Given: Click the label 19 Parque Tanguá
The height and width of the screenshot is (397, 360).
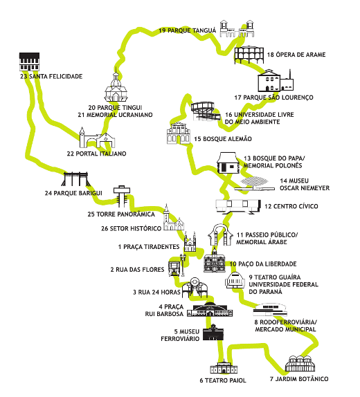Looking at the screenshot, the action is pos(188,30).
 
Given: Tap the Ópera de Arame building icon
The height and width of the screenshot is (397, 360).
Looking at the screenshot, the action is pos(249,55).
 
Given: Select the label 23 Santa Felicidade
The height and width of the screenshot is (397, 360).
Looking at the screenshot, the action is pos(51,76).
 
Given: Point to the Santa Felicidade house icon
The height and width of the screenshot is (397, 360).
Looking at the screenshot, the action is pos(29,62).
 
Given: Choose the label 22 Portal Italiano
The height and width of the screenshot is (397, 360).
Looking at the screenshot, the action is pos(97,154).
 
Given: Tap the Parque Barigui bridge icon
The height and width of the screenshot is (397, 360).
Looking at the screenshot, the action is pos(75,179).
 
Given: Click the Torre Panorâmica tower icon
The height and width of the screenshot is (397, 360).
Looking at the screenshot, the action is pos(122,195).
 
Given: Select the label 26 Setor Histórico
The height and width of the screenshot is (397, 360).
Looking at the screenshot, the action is pos(132,228).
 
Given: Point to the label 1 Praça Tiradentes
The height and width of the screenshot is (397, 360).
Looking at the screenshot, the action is pos(149,247).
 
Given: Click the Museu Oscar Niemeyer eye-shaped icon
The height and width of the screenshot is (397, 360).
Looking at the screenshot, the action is pos(254,183).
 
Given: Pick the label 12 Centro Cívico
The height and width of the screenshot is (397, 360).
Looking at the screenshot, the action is pos(291,206).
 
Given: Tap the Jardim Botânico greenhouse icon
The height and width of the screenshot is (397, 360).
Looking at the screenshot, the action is pos(300,364).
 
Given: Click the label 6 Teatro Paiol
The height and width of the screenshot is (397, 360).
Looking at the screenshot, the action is pos(223,380).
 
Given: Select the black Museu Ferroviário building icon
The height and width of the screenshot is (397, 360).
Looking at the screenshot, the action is pos(213,332).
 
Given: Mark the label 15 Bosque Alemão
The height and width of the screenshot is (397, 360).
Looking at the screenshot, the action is pos(223,139).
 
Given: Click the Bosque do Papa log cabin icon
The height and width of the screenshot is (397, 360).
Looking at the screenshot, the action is pos(228,163).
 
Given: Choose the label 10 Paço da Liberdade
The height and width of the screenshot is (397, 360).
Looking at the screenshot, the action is pos(263,264).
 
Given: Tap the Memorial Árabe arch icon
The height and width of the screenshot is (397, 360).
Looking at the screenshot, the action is pos(220,234).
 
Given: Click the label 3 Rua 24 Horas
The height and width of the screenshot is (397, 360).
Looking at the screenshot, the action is pos(156,292).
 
